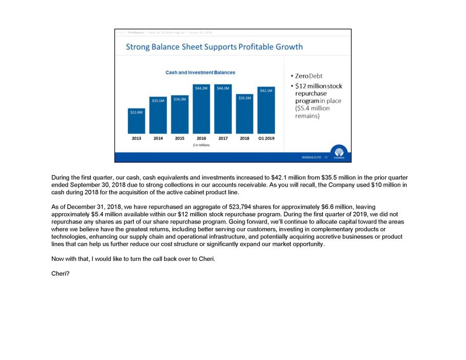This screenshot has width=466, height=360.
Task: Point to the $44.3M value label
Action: (x=223, y=88)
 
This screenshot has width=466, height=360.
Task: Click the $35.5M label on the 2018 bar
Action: (x=245, y=97)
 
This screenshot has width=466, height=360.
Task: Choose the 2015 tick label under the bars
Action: (x=180, y=139)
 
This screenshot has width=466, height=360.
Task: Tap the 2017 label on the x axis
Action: (x=223, y=139)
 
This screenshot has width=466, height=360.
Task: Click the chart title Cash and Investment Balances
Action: (x=200, y=73)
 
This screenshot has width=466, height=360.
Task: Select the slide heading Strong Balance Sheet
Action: (x=214, y=47)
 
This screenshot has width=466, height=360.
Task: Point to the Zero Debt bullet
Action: (x=308, y=76)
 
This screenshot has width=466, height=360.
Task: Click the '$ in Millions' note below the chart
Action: (x=201, y=145)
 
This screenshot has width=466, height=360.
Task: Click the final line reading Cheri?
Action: (x=60, y=274)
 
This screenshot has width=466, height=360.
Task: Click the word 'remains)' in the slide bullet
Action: (x=307, y=116)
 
